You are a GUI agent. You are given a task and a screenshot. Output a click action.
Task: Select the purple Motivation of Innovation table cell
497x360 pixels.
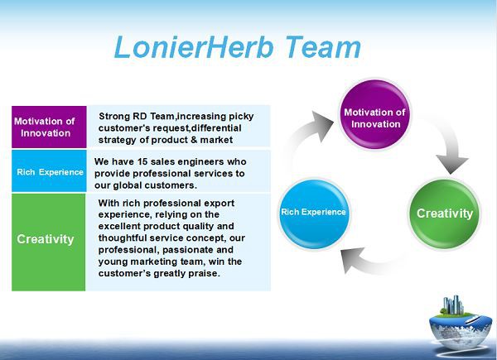[47, 127]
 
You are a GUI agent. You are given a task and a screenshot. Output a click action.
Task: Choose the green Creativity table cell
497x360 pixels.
[48, 240]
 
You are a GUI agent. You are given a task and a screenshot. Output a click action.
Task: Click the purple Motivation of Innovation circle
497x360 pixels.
[375, 118]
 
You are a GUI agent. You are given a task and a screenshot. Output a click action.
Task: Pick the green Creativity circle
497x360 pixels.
[445, 214]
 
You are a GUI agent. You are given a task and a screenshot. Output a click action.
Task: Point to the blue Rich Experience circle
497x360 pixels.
[313, 213]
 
